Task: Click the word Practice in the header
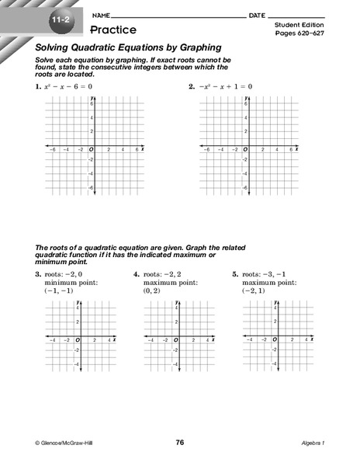tap(112, 30)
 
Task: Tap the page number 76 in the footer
tap(180, 442)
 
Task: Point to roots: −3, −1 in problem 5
tap(265, 274)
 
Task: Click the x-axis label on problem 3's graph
tap(115, 339)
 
